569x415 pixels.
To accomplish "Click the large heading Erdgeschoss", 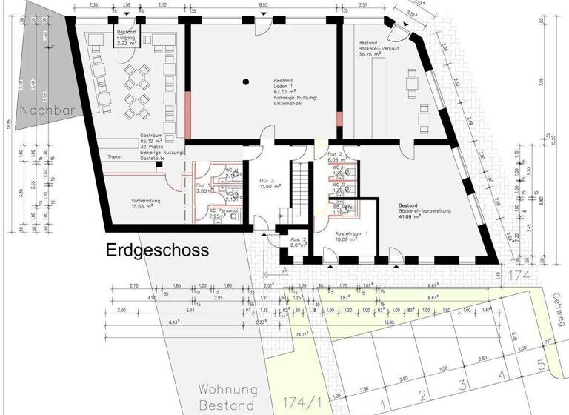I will (157, 250).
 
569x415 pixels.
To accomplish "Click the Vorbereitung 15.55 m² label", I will (147, 203).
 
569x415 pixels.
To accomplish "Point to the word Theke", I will (114, 156).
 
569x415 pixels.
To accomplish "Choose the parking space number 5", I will (541, 365).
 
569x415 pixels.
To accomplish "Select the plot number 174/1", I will (303, 403).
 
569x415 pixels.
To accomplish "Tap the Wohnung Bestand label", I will (227, 397).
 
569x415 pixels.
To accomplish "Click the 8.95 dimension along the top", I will (263, 5).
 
